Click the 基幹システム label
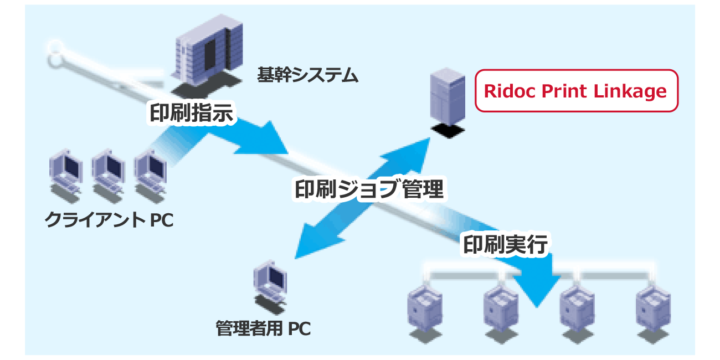point(308,75)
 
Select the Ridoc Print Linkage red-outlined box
point(576,91)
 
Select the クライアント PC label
point(109,220)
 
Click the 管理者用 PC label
point(263,328)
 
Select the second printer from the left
point(500,308)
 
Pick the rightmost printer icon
point(652,308)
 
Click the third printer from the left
point(576,308)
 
